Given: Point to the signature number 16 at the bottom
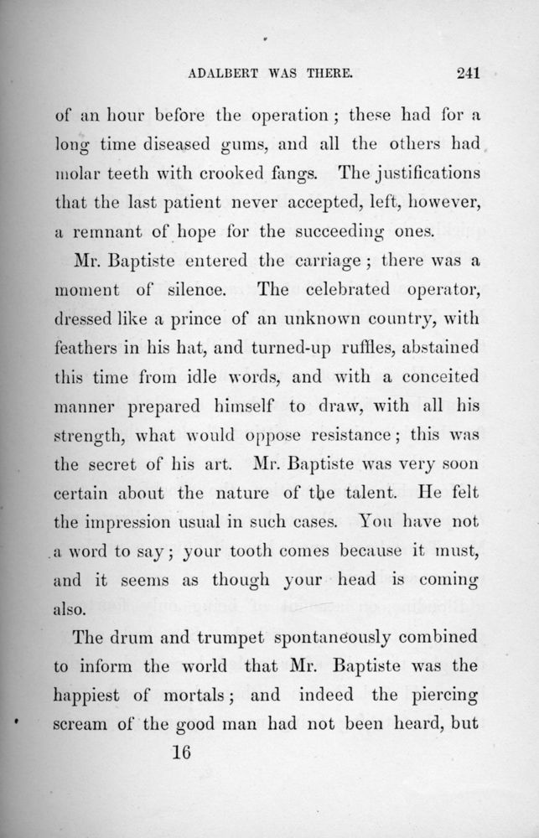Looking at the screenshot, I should [181, 752].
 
